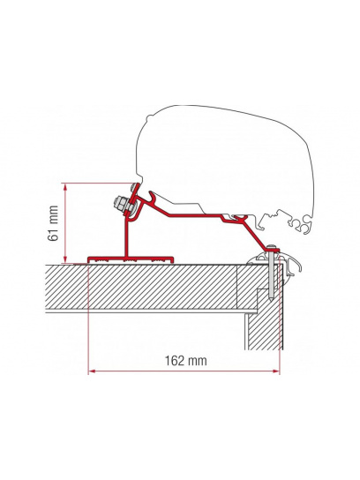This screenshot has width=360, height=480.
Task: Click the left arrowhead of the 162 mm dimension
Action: (x=91, y=371)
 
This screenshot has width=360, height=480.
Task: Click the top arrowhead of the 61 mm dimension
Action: (x=66, y=186)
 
